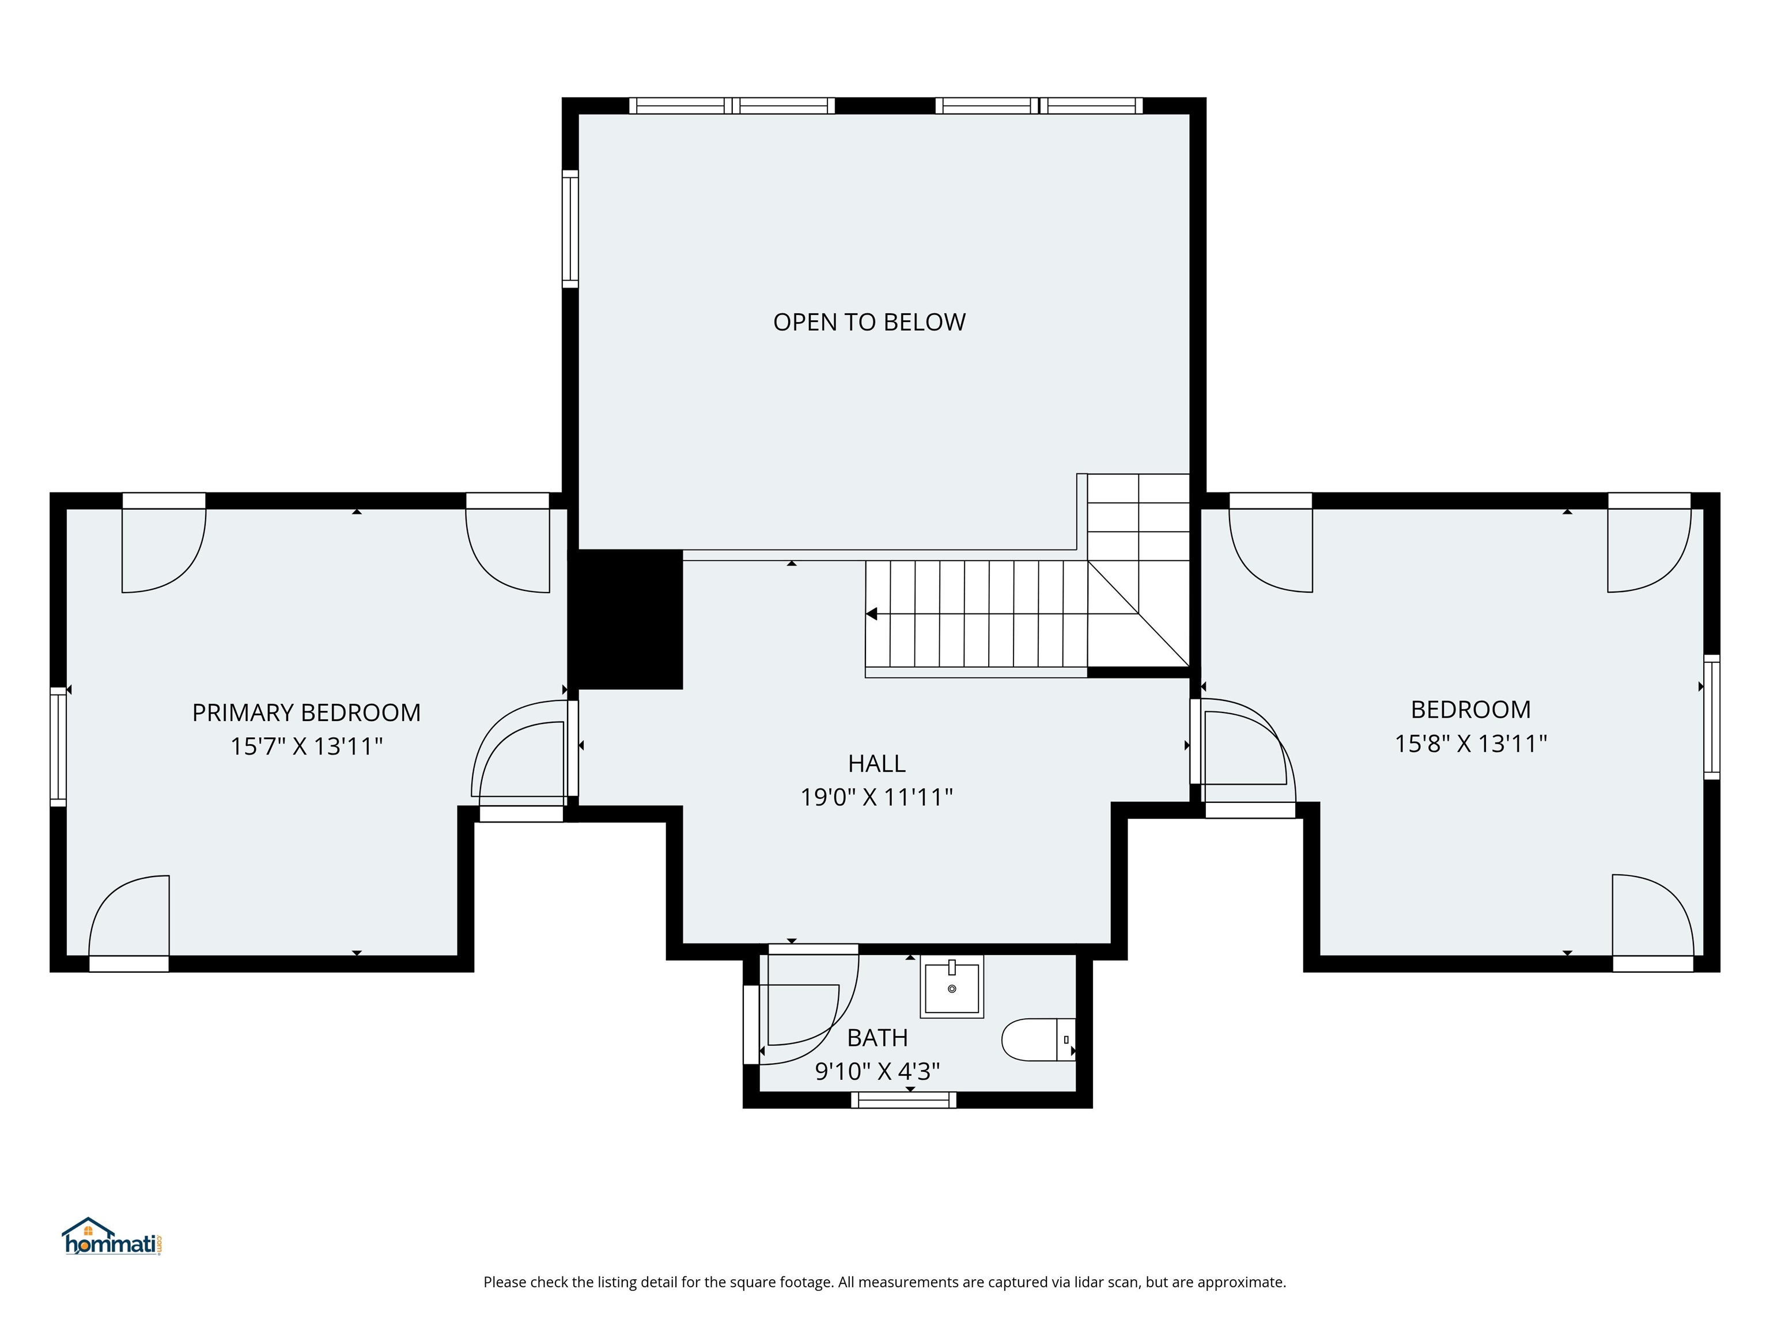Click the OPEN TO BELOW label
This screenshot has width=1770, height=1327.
tap(869, 323)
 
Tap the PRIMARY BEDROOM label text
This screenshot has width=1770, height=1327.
tap(306, 712)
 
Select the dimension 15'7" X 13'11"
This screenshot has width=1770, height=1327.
tap(306, 746)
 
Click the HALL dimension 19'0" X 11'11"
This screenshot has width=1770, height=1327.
tap(876, 798)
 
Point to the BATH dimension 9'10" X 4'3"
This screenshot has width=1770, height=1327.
tap(876, 1071)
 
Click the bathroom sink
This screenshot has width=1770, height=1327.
tap(951, 987)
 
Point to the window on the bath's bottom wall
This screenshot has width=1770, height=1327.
tap(903, 1101)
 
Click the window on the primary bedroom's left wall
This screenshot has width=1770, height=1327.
tap(58, 746)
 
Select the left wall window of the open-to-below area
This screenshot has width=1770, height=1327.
tap(570, 229)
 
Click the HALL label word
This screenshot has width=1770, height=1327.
tap(876, 764)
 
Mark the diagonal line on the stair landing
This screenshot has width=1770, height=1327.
tap(1139, 613)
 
